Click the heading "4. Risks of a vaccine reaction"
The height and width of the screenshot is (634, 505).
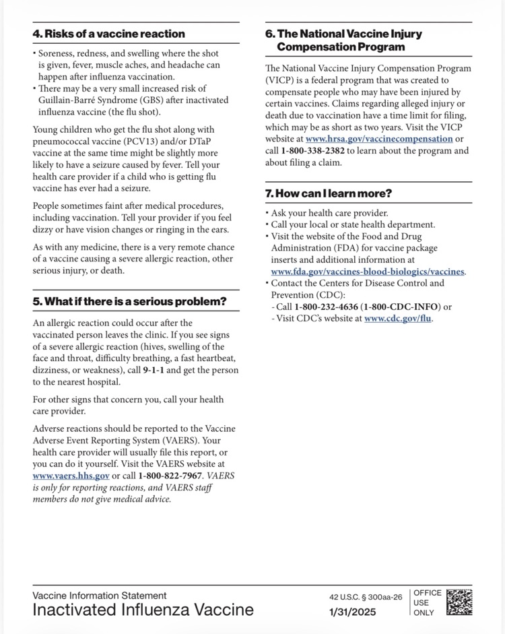pos(109,34)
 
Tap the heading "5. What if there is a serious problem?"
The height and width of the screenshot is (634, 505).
pos(130,301)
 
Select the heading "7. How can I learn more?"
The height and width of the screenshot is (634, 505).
pos(329,193)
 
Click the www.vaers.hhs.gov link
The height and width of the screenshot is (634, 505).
pos(71,476)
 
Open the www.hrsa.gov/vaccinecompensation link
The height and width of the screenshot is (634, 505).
pos(379,139)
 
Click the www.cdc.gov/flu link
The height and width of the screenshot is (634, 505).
pos(397,319)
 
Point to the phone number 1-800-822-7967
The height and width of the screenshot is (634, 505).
pos(171,476)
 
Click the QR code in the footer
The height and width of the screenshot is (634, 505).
pos(459,602)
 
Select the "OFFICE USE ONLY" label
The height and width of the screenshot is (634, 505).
pos(427,603)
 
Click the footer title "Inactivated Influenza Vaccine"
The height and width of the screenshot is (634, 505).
pos(143,610)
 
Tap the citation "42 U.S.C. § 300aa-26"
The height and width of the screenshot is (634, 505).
pos(366,597)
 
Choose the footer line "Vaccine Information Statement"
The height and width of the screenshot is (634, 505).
pos(100,596)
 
